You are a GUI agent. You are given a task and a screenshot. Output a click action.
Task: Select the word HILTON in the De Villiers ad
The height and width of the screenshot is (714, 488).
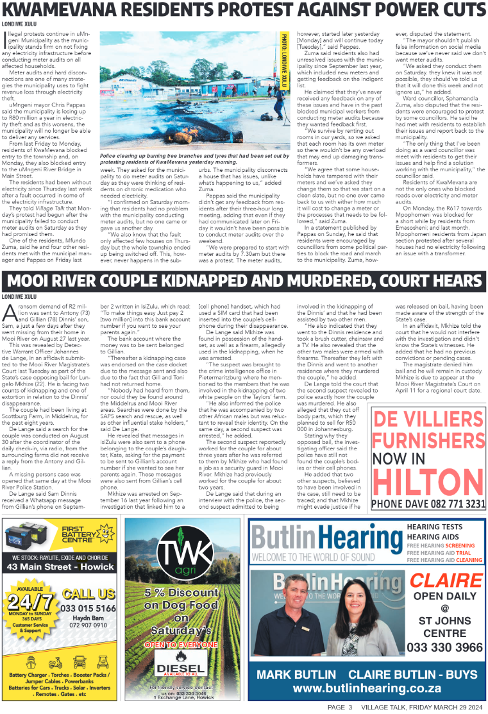pos(426,479)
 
